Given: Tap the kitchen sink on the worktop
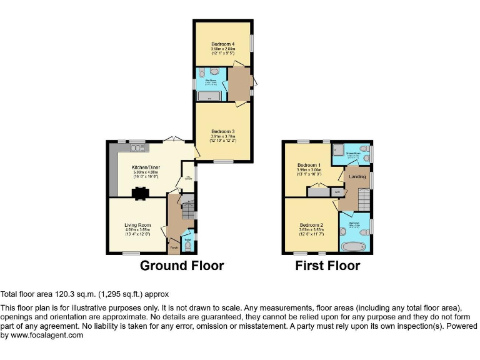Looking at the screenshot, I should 136,148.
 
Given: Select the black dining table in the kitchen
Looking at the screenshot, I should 138,194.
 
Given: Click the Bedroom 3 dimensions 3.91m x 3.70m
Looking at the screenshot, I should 223,136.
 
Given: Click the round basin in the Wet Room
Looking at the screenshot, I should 213,72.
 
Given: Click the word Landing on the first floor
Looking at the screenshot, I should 357,177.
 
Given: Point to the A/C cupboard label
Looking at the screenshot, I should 337,192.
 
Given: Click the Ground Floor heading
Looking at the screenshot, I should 181,266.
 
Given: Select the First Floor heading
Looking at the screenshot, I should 327,266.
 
